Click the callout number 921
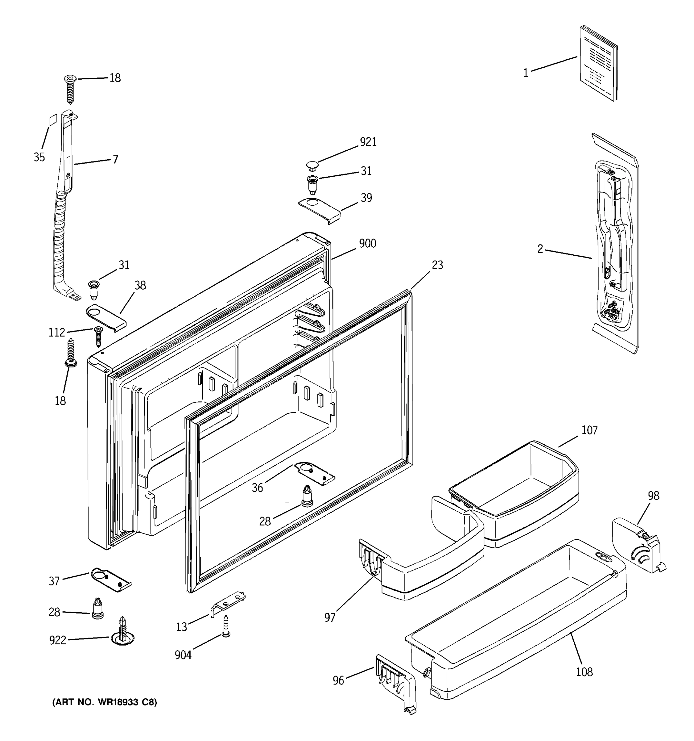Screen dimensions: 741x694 pos(368,142)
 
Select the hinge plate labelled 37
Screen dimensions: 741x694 pos(111,580)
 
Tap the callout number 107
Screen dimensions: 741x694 pos(589,430)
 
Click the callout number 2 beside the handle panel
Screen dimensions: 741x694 pos(540,249)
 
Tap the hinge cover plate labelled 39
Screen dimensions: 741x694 pos(320,211)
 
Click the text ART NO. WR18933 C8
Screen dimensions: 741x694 pos(104,702)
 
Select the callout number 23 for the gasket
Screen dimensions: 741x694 pos(437,265)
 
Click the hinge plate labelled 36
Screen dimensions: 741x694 pos(315,473)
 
